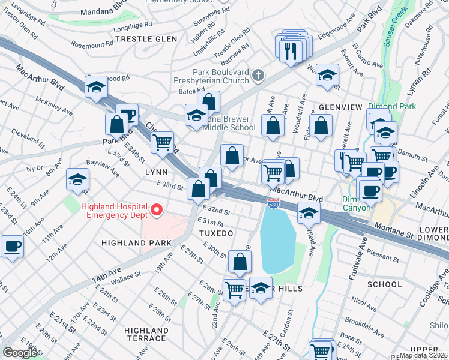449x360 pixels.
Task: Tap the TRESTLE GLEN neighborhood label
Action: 146,39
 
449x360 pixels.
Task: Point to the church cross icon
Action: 258,76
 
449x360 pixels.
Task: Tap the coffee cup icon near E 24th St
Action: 12,246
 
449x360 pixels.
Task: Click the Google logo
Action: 19,353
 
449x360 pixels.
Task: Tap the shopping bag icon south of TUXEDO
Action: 240,262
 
